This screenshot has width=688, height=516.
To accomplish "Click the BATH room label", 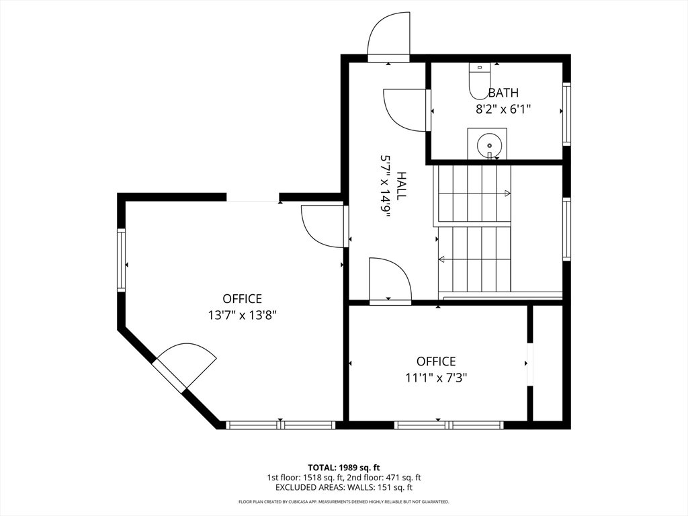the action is click(503, 93).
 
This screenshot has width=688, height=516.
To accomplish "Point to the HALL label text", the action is click(401, 185).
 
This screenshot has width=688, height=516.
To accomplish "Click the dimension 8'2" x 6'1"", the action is click(503, 109).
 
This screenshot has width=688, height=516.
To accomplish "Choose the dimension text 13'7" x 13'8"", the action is click(242, 315).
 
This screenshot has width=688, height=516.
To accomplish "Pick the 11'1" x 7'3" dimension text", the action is click(436, 378).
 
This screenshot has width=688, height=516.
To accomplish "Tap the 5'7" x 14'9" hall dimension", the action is click(385, 189).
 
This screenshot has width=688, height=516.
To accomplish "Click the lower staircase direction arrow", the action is click(475, 259).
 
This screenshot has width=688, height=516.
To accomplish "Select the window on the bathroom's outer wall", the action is click(566, 113).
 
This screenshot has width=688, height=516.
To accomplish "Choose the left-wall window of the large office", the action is click(121, 260).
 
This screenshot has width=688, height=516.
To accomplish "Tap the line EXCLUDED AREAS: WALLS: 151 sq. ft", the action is click(344, 487).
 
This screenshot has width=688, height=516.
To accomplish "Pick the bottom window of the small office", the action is click(449, 425).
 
